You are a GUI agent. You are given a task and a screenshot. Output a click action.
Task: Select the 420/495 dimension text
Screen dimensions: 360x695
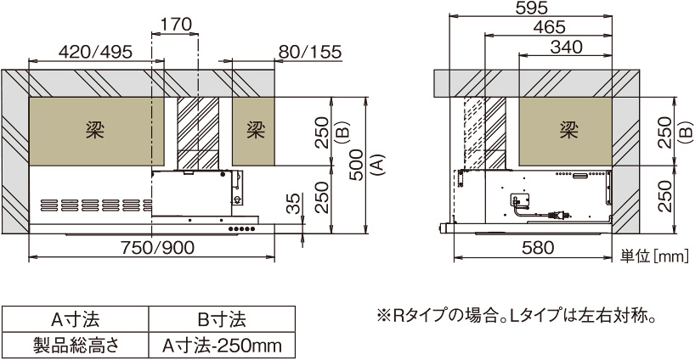point(95,52)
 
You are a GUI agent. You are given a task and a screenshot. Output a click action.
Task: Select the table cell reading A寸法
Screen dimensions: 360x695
point(76,319)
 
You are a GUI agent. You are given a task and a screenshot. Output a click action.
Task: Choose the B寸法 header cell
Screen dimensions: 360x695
point(221,319)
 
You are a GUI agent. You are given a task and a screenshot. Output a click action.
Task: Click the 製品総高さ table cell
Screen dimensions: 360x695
point(76,346)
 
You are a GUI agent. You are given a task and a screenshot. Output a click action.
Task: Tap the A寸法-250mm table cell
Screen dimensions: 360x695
point(221,346)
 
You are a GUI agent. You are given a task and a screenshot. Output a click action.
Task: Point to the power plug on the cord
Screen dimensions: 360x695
point(559,217)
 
